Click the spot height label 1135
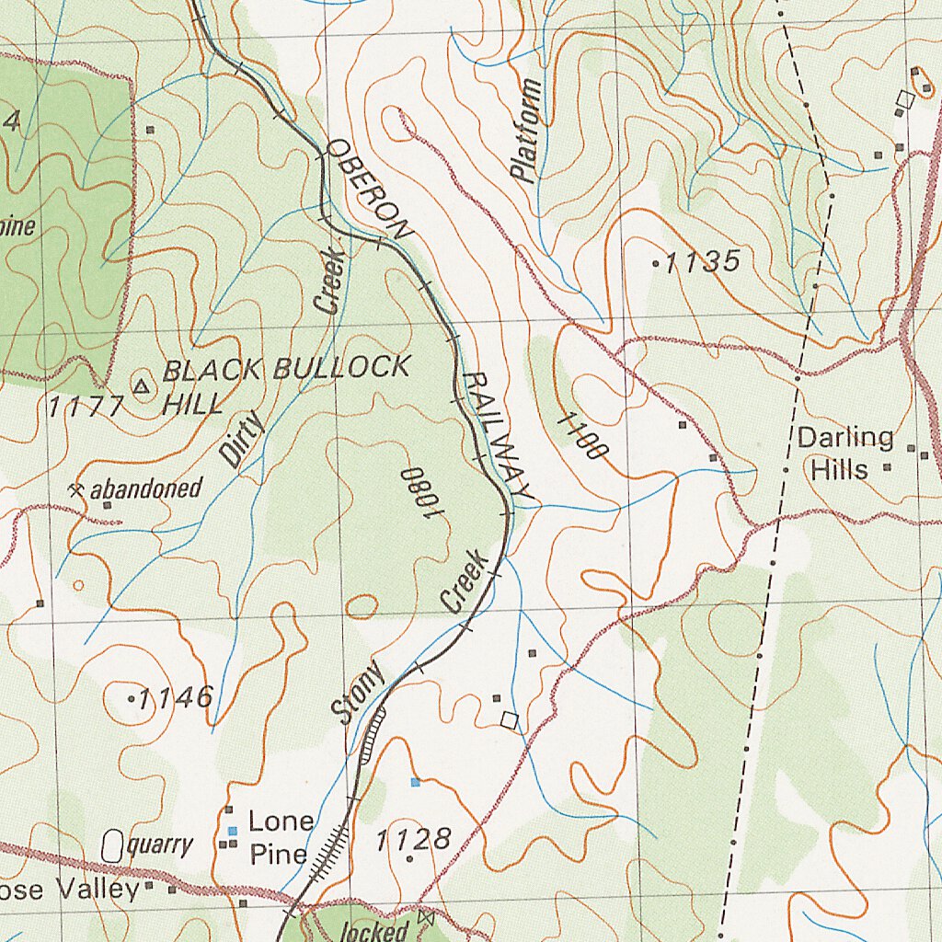pos(701,263)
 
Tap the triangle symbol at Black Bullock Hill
pos(141,386)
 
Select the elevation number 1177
pos(86,406)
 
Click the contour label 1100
pos(582,436)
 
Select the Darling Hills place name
pos(844,453)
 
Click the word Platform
pos(526,131)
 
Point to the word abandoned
pos(145,488)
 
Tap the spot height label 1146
pos(175,697)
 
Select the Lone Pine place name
pos(280,836)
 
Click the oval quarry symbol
pos(112,844)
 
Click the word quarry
pos(160,844)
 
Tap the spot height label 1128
pos(413,838)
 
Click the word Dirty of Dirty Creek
pos(242,439)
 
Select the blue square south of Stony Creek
pos(416,782)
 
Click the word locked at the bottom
pos(374,931)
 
